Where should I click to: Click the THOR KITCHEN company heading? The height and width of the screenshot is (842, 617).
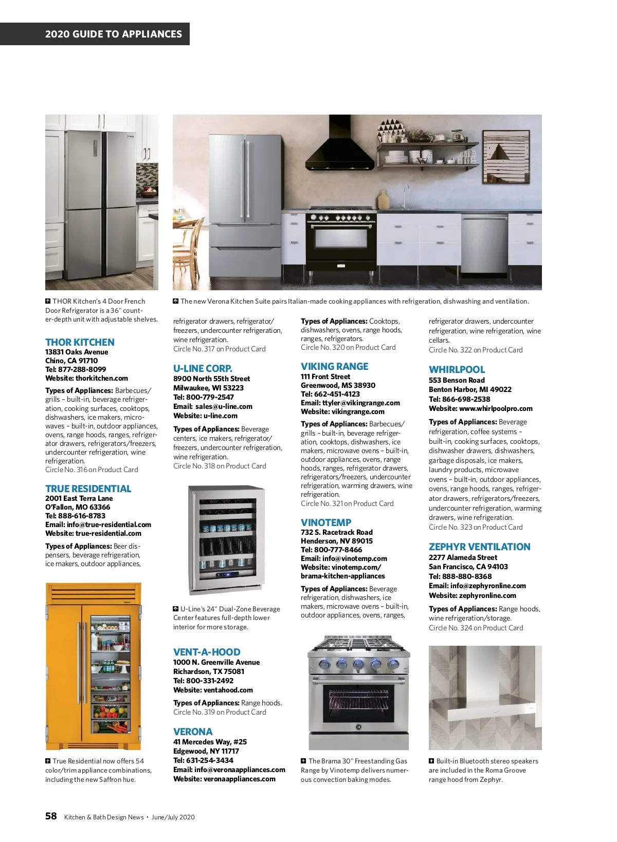80,342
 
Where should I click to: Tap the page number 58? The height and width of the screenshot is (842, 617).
51,816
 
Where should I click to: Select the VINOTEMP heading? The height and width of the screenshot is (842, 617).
326,522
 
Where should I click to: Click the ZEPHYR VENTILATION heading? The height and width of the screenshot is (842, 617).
479,547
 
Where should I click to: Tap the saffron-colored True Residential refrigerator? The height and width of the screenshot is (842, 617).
94,666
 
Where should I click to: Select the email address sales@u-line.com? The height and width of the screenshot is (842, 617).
224,406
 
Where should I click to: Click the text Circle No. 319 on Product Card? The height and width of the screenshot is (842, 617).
220,712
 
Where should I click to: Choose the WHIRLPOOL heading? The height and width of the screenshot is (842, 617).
457,369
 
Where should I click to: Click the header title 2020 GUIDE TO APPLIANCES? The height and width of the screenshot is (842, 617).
113,34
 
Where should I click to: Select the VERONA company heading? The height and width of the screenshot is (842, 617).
193,732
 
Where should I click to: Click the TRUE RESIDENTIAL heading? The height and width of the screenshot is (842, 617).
88,489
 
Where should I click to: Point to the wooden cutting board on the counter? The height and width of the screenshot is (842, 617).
383,199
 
